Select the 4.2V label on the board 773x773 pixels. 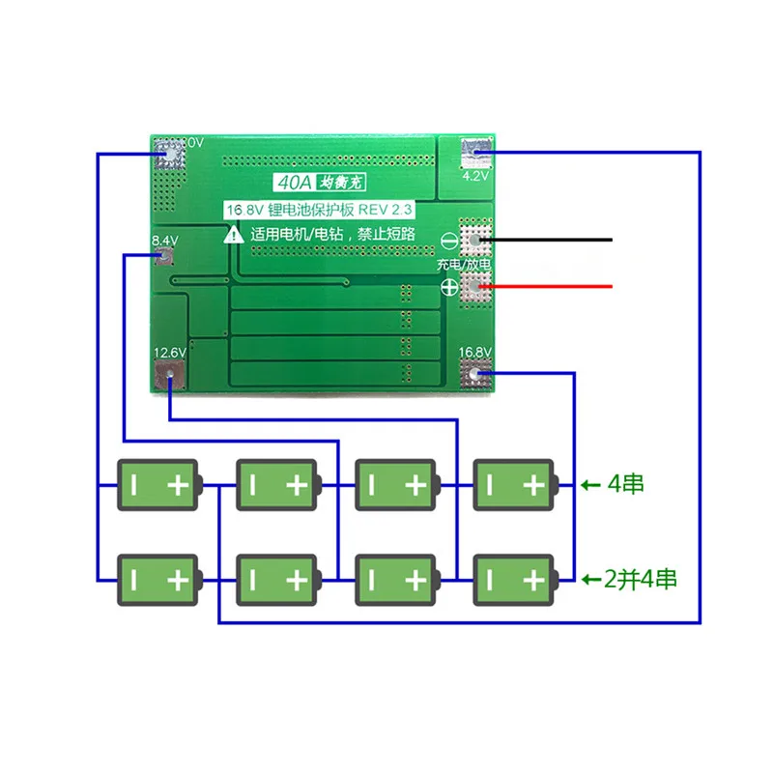coord(474,177)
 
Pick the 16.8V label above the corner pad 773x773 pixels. coord(475,353)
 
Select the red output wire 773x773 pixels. coord(551,286)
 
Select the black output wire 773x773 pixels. coord(551,239)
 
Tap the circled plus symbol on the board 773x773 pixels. coord(449,287)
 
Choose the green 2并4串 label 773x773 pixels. coord(640,580)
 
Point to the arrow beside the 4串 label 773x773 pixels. coord(589,484)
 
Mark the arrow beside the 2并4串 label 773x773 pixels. coord(589,580)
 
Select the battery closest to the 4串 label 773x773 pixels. coord(516,484)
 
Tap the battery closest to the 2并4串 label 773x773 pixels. coord(516,580)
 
